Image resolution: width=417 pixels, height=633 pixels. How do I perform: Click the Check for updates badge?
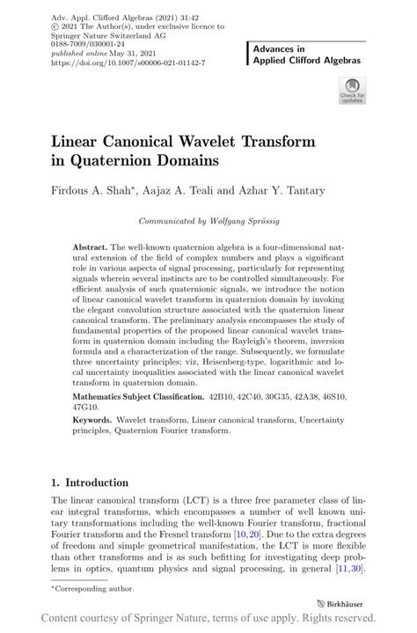pyautogui.click(x=352, y=91)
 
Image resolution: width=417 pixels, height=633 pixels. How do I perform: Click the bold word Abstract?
pyautogui.click(x=91, y=248)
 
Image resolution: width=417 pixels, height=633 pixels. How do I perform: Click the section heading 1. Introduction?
pyautogui.click(x=89, y=482)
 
